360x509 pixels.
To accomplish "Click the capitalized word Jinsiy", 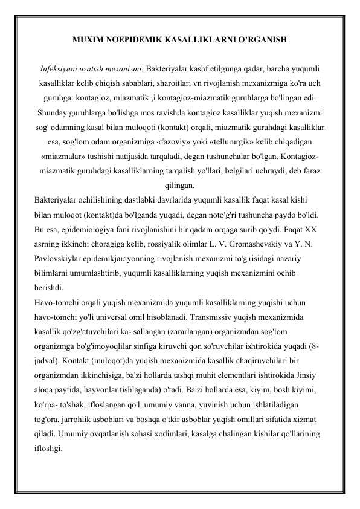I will coord(309,375).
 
